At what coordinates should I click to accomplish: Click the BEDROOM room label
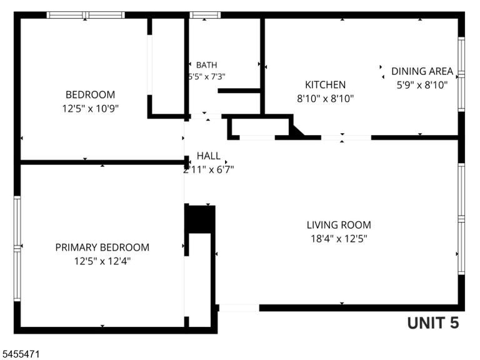pos(90,94)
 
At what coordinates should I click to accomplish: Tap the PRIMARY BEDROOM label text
pos(102,247)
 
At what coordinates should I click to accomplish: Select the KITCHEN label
pos(325,85)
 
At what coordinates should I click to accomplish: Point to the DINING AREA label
pos(422,71)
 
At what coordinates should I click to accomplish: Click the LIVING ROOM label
pos(339,225)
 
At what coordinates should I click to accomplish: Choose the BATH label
pos(207,65)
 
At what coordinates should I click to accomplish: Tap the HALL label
pos(209,156)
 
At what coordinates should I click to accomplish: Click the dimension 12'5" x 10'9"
pos(90,108)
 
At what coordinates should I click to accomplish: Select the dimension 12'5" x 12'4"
pos(102,261)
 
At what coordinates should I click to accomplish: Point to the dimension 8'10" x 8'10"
pos(326,99)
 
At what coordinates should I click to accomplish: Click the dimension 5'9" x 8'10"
pos(422,85)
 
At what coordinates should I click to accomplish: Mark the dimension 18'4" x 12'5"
pos(339,239)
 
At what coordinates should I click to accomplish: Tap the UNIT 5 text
pos(433,322)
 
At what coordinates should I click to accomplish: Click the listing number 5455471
pos(19,354)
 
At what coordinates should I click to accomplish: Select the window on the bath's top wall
pos(205,15)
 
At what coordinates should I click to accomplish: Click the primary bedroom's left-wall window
pos(17,249)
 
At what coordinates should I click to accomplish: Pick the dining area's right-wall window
pos(461,74)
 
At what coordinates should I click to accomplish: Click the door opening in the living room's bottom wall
pos(239,308)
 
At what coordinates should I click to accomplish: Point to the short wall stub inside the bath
pos(239,91)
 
